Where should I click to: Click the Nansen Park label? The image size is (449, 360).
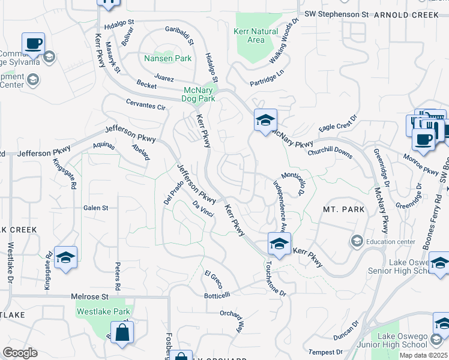[x=167, y=59]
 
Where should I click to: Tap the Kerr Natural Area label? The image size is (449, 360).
[x=256, y=36]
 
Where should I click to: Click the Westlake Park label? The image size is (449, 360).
[x=103, y=311]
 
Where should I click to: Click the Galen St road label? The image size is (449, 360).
[x=95, y=208]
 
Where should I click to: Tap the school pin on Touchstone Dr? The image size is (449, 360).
[x=279, y=244]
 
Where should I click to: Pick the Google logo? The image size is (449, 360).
[x=20, y=352]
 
